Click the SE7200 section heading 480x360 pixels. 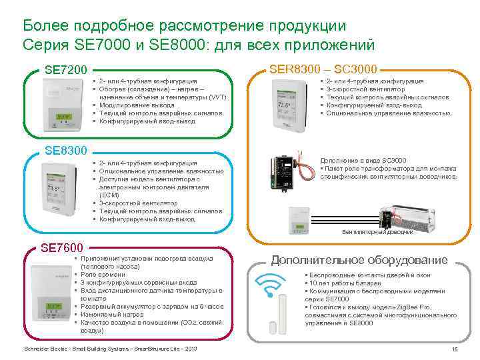click(65, 70)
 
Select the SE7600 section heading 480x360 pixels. click(62, 248)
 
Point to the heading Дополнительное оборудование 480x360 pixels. click(359, 259)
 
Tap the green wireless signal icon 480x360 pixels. click(269, 291)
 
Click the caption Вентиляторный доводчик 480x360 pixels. click(378, 232)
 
